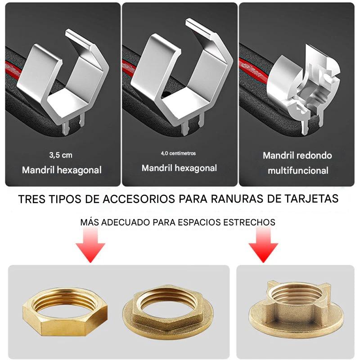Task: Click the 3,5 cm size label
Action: [61, 155]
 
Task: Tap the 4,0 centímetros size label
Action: [178, 153]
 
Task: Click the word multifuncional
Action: [298, 171]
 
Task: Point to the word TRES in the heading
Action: [31, 199]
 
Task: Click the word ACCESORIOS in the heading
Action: [139, 199]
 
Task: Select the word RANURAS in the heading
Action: [237, 198]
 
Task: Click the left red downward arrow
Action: [90, 245]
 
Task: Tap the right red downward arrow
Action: [263, 245]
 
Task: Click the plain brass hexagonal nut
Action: [65, 311]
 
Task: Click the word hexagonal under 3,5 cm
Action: [79, 170]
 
